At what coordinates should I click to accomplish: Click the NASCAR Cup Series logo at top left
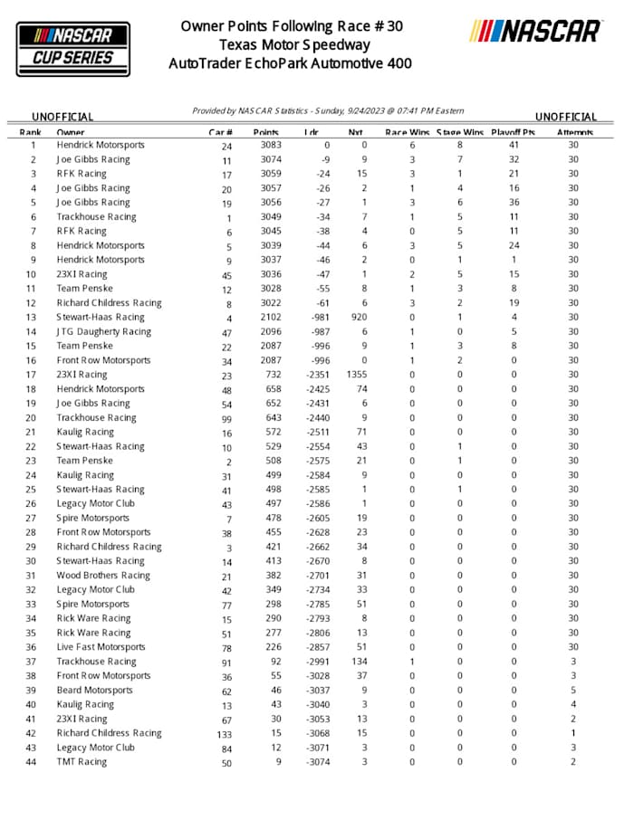[x=73, y=46]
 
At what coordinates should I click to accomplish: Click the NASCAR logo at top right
[x=535, y=32]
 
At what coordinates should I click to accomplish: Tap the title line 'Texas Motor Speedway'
[x=294, y=44]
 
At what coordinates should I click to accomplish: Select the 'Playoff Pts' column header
[x=514, y=132]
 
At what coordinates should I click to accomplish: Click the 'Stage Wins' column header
[x=460, y=132]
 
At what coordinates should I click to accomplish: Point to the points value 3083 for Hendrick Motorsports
[x=270, y=145]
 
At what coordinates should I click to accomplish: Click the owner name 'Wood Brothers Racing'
[x=103, y=576]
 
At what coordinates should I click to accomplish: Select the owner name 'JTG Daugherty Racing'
[x=103, y=332]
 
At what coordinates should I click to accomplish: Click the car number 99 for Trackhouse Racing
[x=226, y=418]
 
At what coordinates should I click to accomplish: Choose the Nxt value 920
[x=359, y=318]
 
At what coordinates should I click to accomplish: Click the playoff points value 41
[x=514, y=145]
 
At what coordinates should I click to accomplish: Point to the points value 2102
[x=270, y=318]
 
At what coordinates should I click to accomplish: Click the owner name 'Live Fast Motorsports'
[x=101, y=647]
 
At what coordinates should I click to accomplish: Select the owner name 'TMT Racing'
[x=82, y=762]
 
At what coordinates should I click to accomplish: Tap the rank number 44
[x=33, y=762]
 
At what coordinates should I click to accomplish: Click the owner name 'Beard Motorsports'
[x=94, y=691]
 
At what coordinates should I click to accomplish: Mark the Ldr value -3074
[x=316, y=762]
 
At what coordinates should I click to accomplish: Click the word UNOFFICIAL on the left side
[x=63, y=118]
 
